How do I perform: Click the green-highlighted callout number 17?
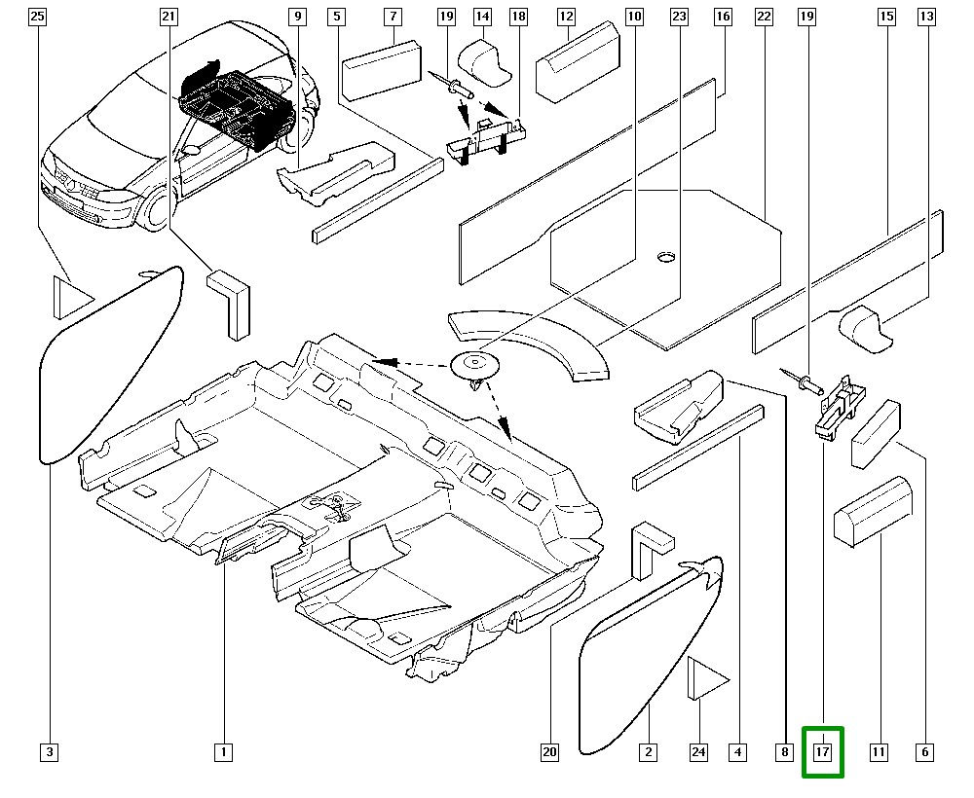[822, 752]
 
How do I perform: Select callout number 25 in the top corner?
[37, 17]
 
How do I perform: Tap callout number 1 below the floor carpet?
[223, 751]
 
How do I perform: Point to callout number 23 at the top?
[679, 17]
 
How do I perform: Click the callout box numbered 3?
[50, 751]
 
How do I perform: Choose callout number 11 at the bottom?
[879, 751]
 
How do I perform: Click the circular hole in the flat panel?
[665, 257]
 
